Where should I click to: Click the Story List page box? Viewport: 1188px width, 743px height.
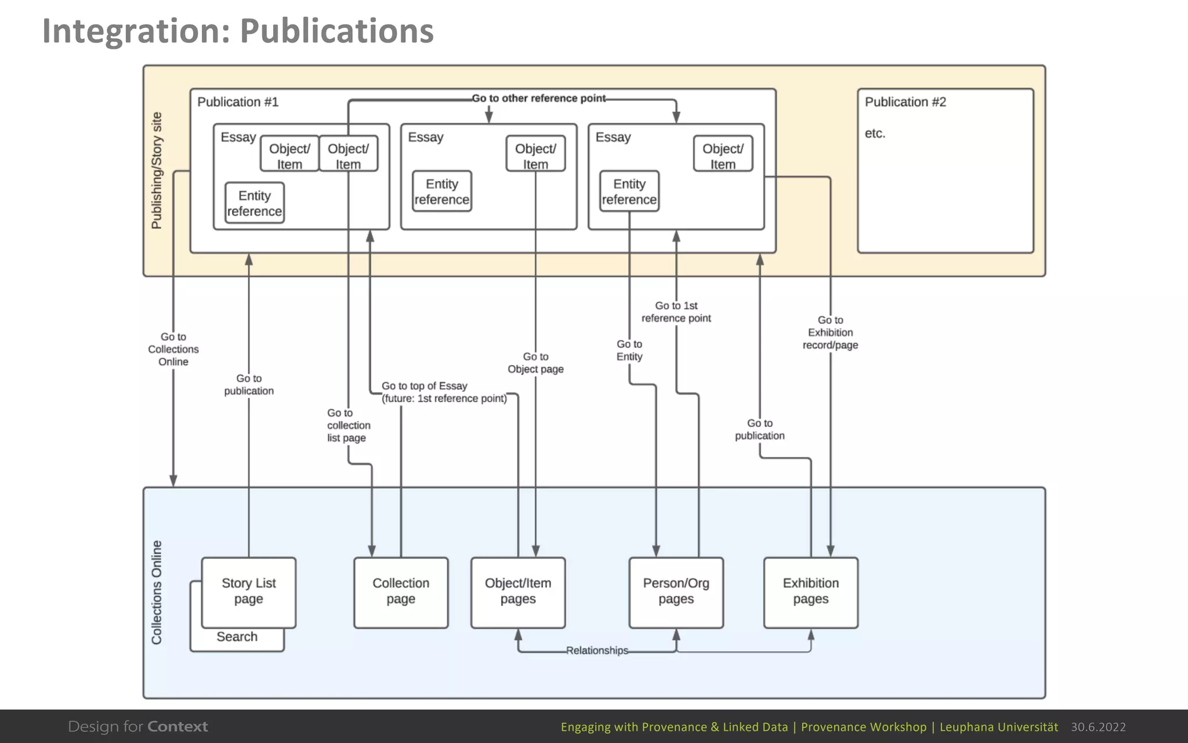[248, 591]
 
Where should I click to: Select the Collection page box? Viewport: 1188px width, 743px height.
[401, 591]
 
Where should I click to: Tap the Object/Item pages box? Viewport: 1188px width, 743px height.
[517, 591]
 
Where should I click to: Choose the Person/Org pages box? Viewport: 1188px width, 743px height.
[676, 591]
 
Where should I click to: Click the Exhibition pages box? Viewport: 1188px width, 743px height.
[810, 591]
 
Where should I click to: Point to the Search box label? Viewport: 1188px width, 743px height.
[237, 637]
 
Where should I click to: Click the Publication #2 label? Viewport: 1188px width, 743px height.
[905, 102]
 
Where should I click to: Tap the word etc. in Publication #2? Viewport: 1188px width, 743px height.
[875, 134]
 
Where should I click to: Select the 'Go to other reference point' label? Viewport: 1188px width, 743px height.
[538, 99]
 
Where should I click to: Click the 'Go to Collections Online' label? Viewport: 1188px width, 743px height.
[173, 349]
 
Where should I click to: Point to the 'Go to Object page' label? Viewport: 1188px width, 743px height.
[535, 363]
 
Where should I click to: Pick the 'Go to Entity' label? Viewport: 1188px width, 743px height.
[629, 351]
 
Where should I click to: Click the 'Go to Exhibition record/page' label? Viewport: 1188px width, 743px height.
[830, 333]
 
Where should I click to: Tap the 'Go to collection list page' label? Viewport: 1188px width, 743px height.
[348, 425]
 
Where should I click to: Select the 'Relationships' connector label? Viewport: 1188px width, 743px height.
[597, 651]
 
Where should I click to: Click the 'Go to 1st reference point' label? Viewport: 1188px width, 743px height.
[676, 312]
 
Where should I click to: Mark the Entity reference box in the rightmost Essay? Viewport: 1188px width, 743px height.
[629, 192]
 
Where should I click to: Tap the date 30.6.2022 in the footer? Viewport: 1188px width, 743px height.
[1098, 727]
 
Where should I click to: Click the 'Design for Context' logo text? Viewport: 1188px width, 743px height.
[138, 727]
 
